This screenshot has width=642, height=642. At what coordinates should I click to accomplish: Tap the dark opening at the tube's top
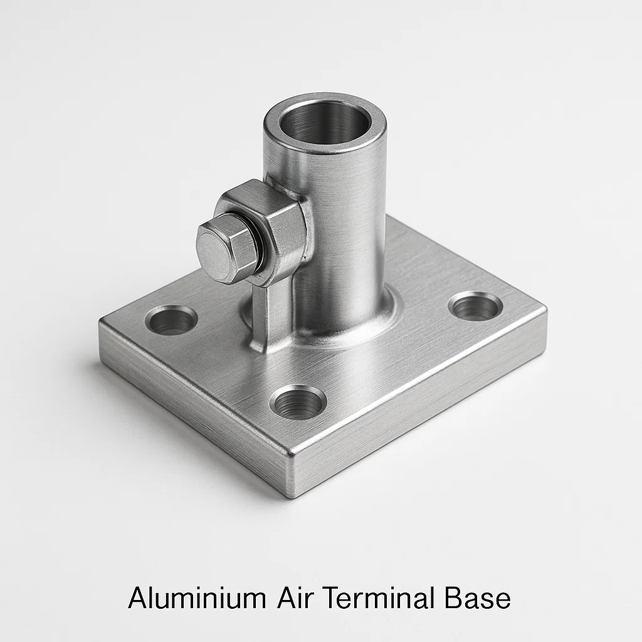tap(325, 123)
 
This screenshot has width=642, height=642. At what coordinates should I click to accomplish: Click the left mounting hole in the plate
tap(171, 320)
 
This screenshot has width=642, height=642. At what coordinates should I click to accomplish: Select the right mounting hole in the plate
tap(475, 307)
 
